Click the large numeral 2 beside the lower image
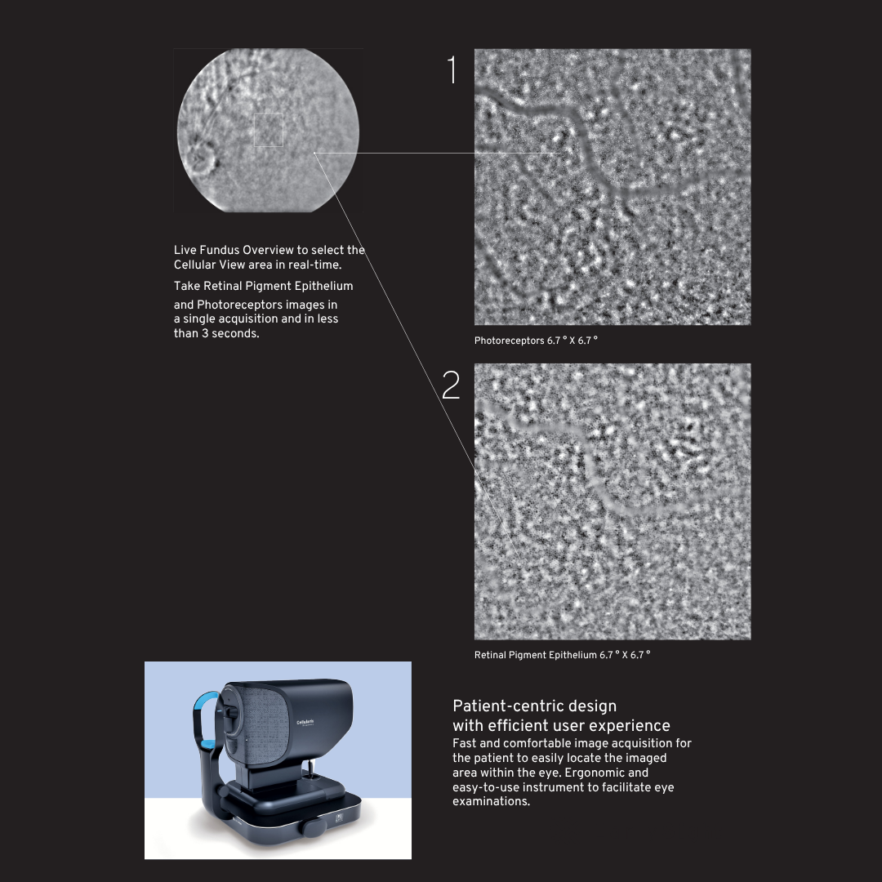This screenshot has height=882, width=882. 451,385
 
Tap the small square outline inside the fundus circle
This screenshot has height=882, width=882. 269,130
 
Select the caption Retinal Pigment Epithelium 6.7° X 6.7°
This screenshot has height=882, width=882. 562,655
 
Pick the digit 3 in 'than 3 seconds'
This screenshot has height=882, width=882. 205,333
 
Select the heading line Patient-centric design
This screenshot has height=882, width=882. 534,706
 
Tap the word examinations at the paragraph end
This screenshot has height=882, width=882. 491,802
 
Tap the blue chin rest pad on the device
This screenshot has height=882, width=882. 209,744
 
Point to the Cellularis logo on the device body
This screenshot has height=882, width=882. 305,723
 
